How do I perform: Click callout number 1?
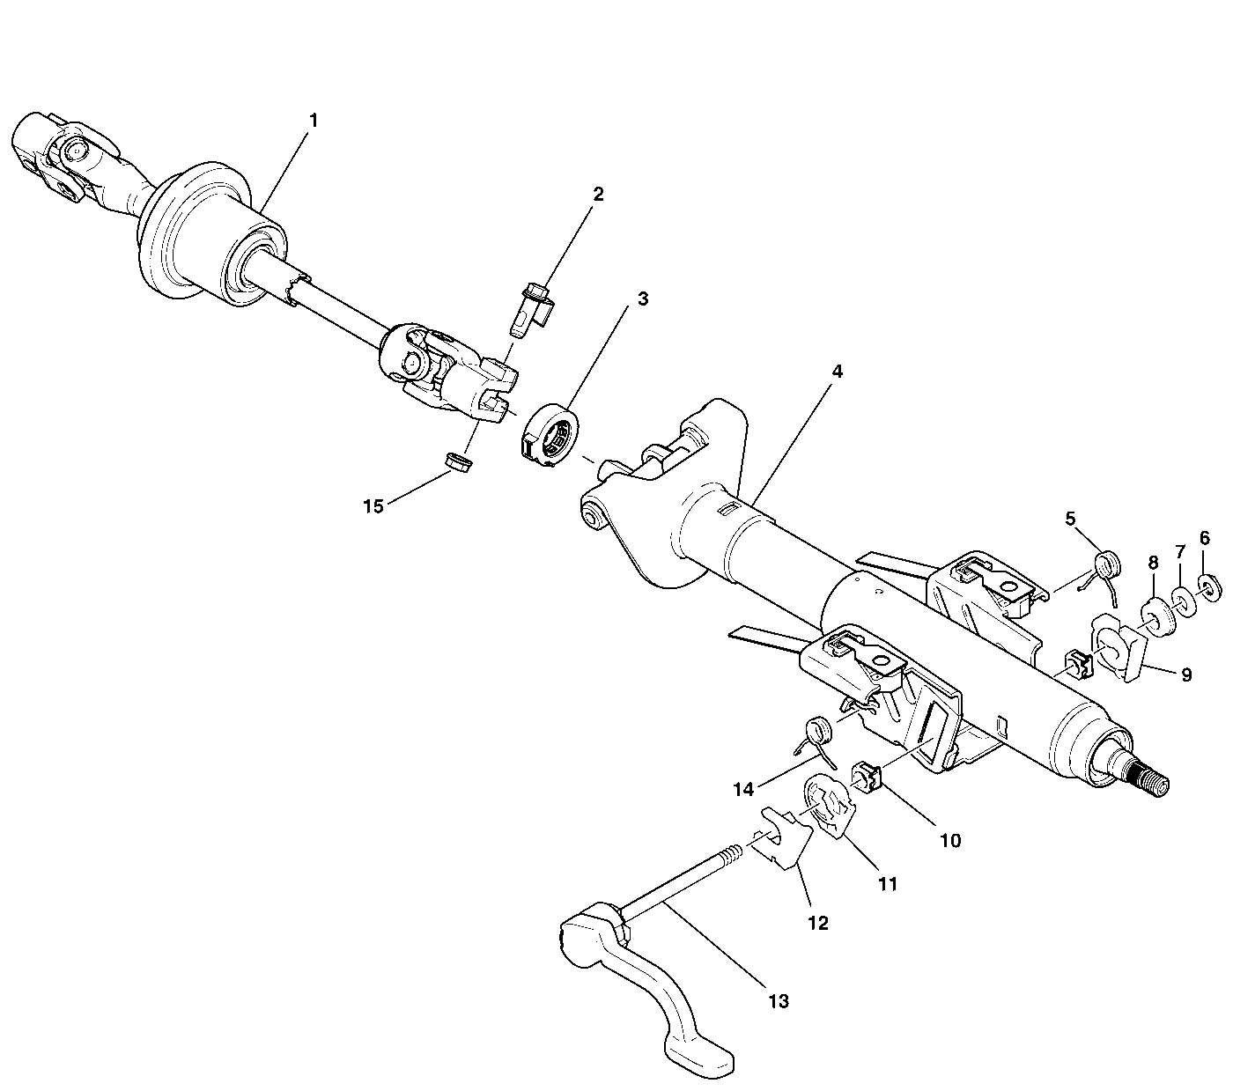pos(314,119)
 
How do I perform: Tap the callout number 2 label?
pos(598,195)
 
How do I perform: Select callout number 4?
pos(837,372)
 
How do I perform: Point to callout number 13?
pos(778,1001)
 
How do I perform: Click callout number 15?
pos(373,506)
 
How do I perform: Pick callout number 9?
pos(1186,675)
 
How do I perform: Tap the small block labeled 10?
pos(863,777)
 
